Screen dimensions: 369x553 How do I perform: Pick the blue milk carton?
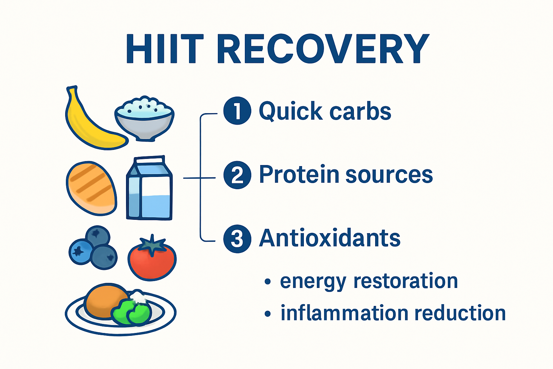pyautogui.click(x=149, y=189)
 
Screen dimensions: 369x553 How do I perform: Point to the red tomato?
pyautogui.click(x=152, y=259)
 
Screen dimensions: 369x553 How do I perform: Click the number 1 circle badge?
pyautogui.click(x=237, y=111)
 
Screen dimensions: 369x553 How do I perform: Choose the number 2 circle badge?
pyautogui.click(x=237, y=175)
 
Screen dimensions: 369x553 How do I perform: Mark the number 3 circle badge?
pyautogui.click(x=237, y=239)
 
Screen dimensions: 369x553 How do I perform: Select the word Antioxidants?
pyautogui.click(x=329, y=238)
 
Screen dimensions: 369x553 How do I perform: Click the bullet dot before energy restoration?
pyautogui.click(x=267, y=281)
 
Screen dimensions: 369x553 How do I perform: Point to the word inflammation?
pyautogui.click(x=344, y=313)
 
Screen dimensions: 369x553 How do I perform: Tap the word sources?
pyautogui.click(x=389, y=175)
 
